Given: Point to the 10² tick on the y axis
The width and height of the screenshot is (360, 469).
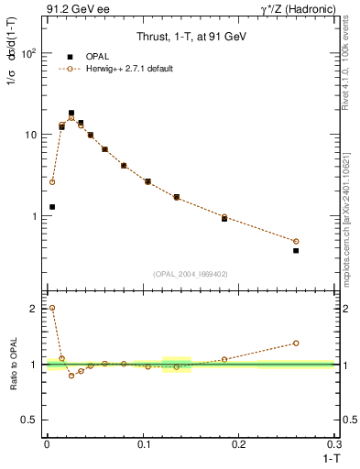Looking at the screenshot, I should [x=30, y=53].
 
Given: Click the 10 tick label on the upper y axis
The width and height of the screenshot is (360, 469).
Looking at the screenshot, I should [x=30, y=135].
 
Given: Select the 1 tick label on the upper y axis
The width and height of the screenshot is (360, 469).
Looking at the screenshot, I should [x=34, y=216].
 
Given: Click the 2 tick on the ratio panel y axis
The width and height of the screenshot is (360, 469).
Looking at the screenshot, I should [x=33, y=309].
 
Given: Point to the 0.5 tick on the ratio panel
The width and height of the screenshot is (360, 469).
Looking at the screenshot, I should [x=30, y=420].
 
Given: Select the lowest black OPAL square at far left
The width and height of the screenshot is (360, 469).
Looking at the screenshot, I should [x=52, y=207].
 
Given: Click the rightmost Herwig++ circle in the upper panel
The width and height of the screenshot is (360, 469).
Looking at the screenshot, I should [x=296, y=241].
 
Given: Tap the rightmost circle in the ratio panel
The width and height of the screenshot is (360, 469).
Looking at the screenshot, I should [x=296, y=344].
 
